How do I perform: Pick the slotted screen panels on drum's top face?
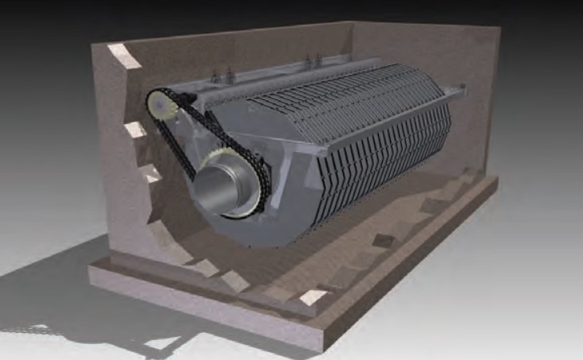tap(349, 103)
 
